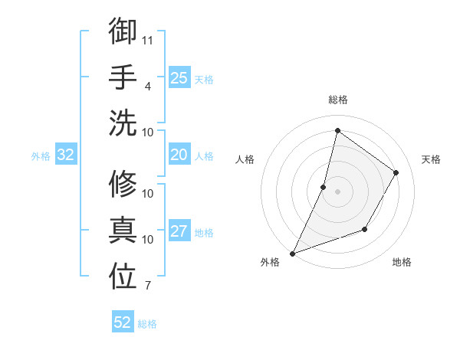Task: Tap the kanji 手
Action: click(123, 76)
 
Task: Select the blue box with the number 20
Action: click(179, 155)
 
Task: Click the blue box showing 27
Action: click(179, 231)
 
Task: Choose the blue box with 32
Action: click(66, 155)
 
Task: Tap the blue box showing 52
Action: click(123, 322)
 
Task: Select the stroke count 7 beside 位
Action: click(148, 286)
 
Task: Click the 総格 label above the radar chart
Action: click(337, 100)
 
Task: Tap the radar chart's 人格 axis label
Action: click(245, 159)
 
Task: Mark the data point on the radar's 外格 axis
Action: click(292, 254)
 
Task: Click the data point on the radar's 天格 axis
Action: click(396, 172)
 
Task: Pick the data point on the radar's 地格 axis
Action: click(365, 229)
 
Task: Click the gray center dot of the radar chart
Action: click(337, 191)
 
